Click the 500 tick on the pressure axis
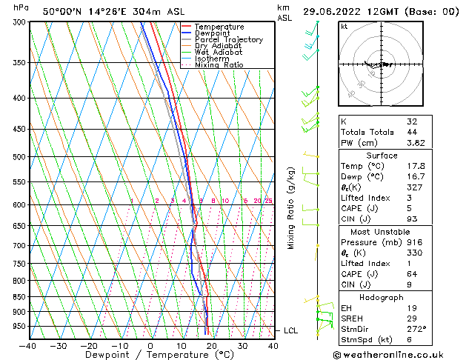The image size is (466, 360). point(19,157)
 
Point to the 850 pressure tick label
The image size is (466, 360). point(19,297)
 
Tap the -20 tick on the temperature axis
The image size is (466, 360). point(89,345)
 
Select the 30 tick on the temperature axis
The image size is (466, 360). point(242,345)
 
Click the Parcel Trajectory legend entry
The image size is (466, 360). point(228,40)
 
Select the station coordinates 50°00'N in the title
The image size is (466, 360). point(62,12)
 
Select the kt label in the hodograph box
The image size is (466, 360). point(344,27)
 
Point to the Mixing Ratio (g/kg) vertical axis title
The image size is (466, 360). point(291,208)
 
